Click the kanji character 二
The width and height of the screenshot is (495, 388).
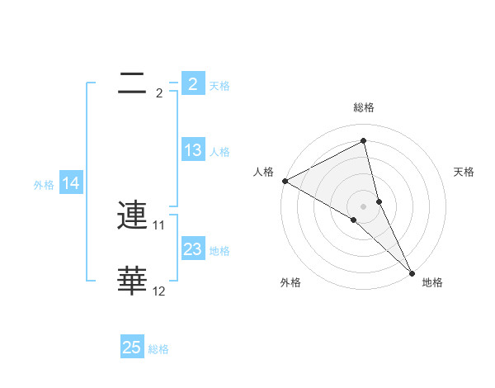[133, 84]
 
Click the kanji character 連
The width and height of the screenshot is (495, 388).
[133, 217]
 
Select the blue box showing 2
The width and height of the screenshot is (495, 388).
[192, 84]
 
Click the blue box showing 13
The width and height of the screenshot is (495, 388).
[192, 150]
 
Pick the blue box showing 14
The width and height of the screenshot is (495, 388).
[71, 184]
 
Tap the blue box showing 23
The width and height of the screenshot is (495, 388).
[192, 249]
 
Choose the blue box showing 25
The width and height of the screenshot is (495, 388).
[132, 348]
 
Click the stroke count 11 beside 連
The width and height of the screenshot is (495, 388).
[159, 225]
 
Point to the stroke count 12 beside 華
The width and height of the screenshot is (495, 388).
[159, 291]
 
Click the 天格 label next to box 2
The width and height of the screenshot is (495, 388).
[219, 85]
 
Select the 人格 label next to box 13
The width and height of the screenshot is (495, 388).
[219, 151]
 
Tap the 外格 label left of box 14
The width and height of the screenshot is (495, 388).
[44, 185]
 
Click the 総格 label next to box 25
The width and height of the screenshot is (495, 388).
[159, 348]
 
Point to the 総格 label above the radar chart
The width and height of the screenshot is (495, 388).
[364, 107]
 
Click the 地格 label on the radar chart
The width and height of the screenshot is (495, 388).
[432, 283]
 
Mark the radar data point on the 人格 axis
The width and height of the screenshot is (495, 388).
[285, 181]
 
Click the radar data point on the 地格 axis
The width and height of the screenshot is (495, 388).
[412, 272]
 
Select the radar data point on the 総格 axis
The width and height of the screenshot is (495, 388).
[364, 140]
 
